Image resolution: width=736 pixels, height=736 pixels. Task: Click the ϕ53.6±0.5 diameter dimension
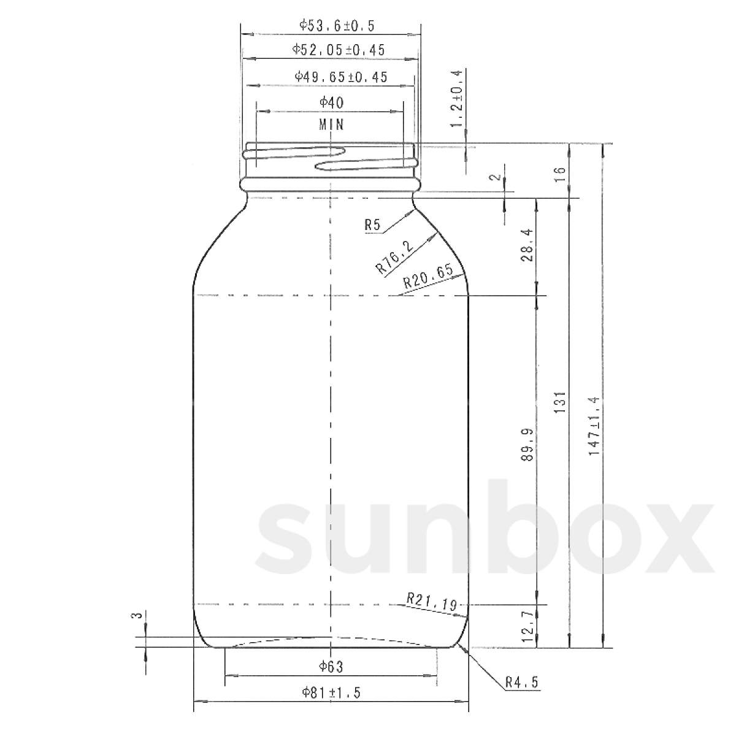pyautogui.click(x=337, y=26)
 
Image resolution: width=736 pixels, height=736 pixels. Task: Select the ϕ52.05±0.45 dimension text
pyautogui.click(x=339, y=50)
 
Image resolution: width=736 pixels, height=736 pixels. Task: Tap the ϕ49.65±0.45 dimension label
pyautogui.click(x=341, y=77)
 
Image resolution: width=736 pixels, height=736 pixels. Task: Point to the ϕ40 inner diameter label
pyautogui.click(x=332, y=102)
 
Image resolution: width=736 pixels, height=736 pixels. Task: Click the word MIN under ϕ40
pyautogui.click(x=332, y=125)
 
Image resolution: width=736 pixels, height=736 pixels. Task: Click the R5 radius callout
pyautogui.click(x=372, y=226)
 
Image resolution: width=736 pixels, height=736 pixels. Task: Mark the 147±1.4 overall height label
pyautogui.click(x=594, y=425)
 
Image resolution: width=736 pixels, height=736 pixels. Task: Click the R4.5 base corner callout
pyautogui.click(x=521, y=682)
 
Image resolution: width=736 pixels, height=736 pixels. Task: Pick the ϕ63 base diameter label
pyautogui.click(x=331, y=666)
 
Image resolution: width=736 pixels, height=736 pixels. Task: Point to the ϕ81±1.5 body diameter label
pyautogui.click(x=331, y=693)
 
